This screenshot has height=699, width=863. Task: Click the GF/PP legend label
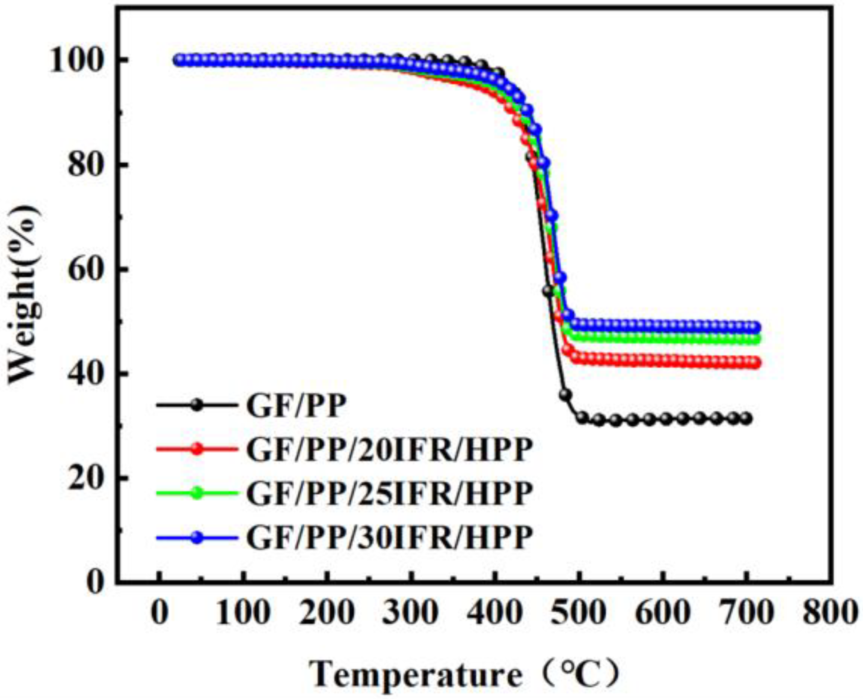(296, 406)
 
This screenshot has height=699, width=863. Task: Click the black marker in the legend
(197, 405)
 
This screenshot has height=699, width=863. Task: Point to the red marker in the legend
(197, 449)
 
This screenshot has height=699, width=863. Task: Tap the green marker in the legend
(197, 493)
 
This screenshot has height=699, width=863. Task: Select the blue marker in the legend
(197, 537)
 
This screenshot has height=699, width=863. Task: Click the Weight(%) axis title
(25, 294)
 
